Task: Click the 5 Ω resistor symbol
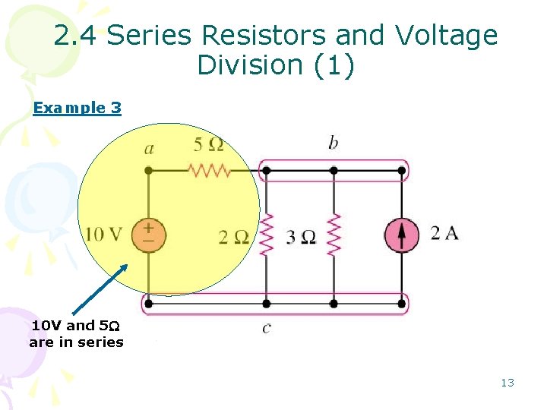pyautogui.click(x=209, y=170)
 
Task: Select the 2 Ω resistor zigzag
pyautogui.click(x=266, y=235)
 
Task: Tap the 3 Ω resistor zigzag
pyautogui.click(x=333, y=235)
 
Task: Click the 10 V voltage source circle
pyautogui.click(x=148, y=234)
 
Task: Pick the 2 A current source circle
pyautogui.click(x=401, y=235)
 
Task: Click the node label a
pyautogui.click(x=149, y=149)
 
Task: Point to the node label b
pyautogui.click(x=333, y=143)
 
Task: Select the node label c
pyautogui.click(x=265, y=327)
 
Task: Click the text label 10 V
pyautogui.click(x=103, y=234)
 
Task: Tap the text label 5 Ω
pyautogui.click(x=208, y=144)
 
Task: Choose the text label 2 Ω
pyautogui.click(x=233, y=237)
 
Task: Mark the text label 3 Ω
pyautogui.click(x=301, y=237)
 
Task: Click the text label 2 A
pyautogui.click(x=444, y=233)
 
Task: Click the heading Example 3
pyautogui.click(x=77, y=108)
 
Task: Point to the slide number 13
pyautogui.click(x=507, y=383)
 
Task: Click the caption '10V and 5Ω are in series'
pyautogui.click(x=76, y=333)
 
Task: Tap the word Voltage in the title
pyautogui.click(x=446, y=36)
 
